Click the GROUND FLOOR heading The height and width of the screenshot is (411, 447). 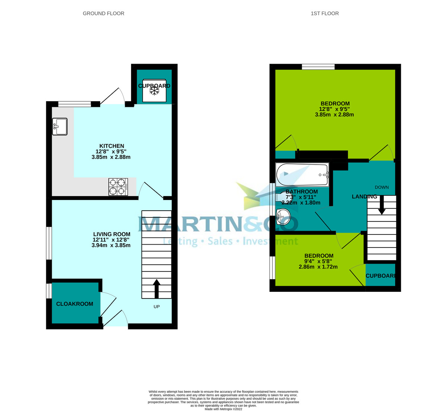(103, 13)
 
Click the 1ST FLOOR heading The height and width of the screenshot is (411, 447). (324, 13)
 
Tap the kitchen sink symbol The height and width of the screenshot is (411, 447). (60, 127)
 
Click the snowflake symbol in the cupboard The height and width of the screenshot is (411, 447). (154, 91)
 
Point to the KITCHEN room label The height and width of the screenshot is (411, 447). (111, 146)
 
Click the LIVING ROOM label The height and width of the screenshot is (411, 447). (111, 234)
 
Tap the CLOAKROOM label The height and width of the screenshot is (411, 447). (74, 304)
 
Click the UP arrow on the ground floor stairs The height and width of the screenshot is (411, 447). (156, 289)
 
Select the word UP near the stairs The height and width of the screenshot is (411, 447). (156, 307)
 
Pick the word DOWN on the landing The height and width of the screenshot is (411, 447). (382, 187)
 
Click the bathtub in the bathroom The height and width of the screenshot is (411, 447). (302, 174)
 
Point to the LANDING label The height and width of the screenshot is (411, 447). (364, 197)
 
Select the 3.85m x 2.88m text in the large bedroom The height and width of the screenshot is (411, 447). (334, 115)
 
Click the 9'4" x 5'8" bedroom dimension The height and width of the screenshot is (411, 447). (318, 261)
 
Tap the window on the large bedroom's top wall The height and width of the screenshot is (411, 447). (318, 67)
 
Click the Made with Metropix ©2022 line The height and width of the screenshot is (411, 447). (223, 409)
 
